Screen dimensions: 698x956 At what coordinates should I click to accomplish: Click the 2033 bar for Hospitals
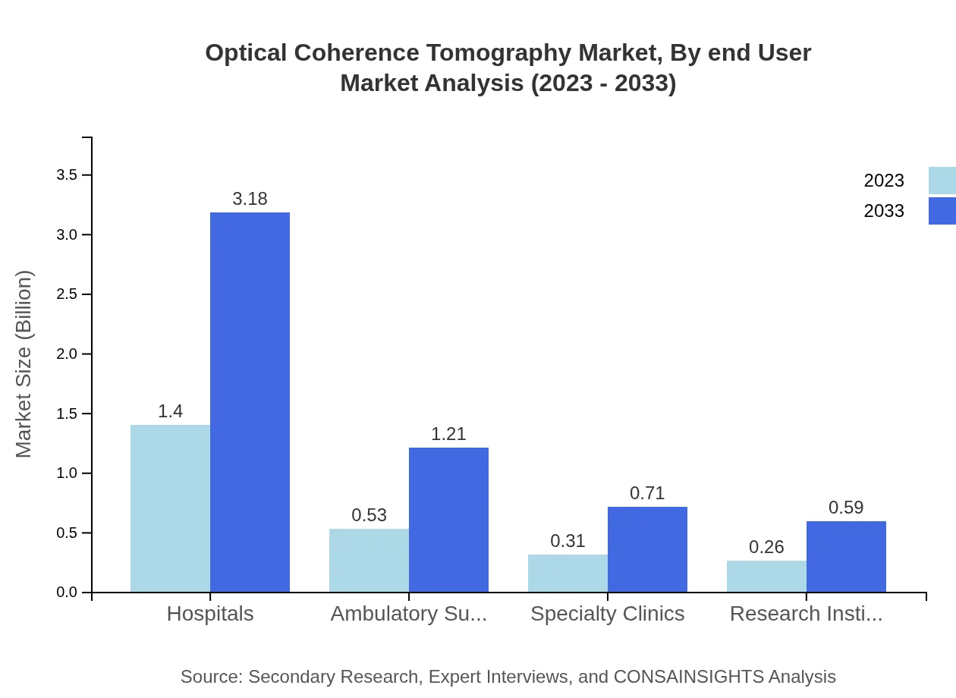coord(250,402)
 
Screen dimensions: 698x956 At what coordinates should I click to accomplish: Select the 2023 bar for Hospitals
coord(170,508)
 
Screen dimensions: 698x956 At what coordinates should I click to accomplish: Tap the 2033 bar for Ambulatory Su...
coord(448,520)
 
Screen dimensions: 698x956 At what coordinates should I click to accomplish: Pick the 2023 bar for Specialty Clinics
coord(568,573)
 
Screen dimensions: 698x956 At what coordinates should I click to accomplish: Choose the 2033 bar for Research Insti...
coord(846,556)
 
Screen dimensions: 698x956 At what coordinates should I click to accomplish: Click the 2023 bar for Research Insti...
coord(766,576)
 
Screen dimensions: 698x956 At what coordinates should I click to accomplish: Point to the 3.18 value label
coord(250,199)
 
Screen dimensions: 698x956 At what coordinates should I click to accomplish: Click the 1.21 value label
coord(448,434)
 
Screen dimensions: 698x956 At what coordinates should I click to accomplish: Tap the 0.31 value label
coord(568,541)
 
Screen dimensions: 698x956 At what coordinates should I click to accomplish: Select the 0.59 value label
coord(846,508)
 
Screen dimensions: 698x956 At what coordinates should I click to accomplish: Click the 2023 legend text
coord(883,181)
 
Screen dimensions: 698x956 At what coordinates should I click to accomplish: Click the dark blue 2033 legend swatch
coord(942,211)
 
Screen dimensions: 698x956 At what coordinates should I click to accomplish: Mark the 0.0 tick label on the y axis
coord(68,593)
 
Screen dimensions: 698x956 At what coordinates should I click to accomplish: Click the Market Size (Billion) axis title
coord(24,364)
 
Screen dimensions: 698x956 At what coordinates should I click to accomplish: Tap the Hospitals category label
coord(210,614)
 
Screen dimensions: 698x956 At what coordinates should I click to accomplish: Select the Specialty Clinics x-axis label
coord(607,614)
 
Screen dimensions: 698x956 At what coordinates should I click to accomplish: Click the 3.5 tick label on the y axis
coord(68,175)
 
